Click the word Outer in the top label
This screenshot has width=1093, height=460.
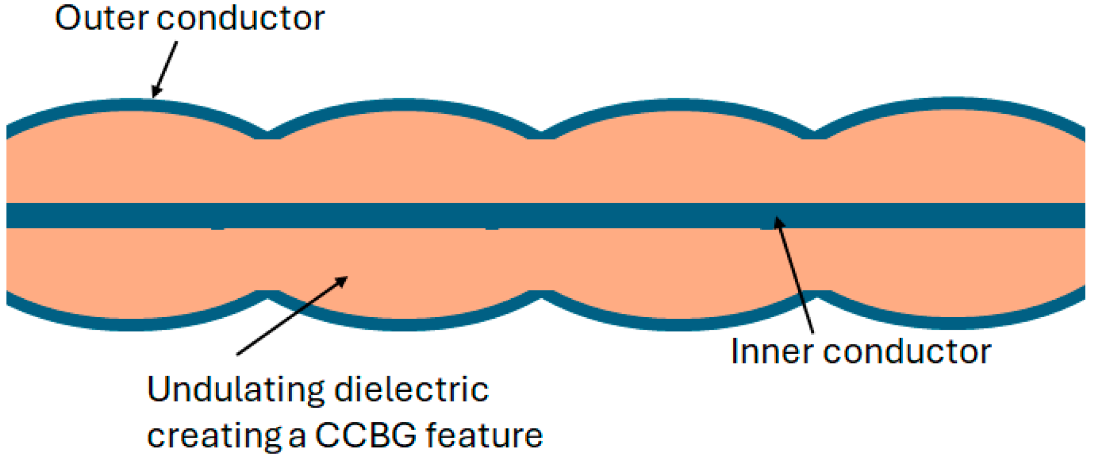coord(101,18)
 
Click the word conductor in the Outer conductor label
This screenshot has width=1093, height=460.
coord(241,18)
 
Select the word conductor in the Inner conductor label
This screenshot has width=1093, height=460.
coord(907,352)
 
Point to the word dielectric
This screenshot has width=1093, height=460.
coord(411,390)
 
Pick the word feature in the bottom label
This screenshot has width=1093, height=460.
coord(484,436)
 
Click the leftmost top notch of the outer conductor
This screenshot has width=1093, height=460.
coord(268,134)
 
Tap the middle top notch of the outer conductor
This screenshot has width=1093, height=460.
coord(541,134)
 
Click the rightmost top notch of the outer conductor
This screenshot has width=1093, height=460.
coord(814,134)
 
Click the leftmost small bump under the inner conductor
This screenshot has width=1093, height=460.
coord(217,228)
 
